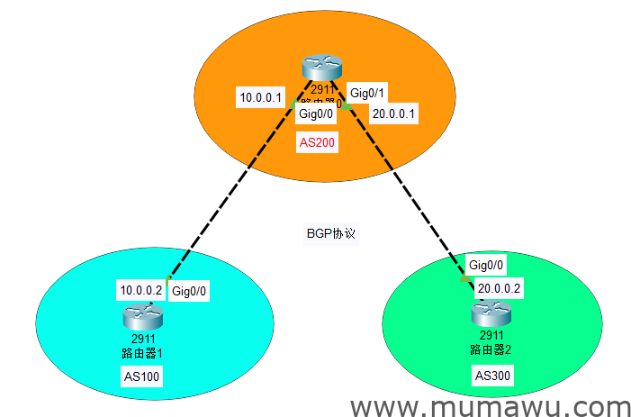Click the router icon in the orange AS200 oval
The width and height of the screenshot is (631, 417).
pyautogui.click(x=322, y=68)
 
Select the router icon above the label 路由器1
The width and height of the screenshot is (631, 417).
pyautogui.click(x=145, y=316)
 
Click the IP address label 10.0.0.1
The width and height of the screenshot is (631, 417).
pyautogui.click(x=261, y=97)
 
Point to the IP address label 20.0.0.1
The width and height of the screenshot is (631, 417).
pyautogui.click(x=395, y=113)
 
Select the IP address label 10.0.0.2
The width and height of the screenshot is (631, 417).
pyautogui.click(x=141, y=290)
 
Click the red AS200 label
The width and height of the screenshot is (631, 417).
pyautogui.click(x=316, y=142)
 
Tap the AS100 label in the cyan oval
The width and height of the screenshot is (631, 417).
pyautogui.click(x=141, y=376)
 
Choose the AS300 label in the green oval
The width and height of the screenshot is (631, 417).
pyautogui.click(x=493, y=375)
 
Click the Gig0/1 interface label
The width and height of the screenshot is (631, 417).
pyautogui.click(x=368, y=93)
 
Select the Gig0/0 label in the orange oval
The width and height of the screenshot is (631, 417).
pyautogui.click(x=316, y=113)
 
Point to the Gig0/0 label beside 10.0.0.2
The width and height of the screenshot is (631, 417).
pyautogui.click(x=191, y=290)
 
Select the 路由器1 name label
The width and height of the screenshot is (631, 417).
pyautogui.click(x=141, y=351)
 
